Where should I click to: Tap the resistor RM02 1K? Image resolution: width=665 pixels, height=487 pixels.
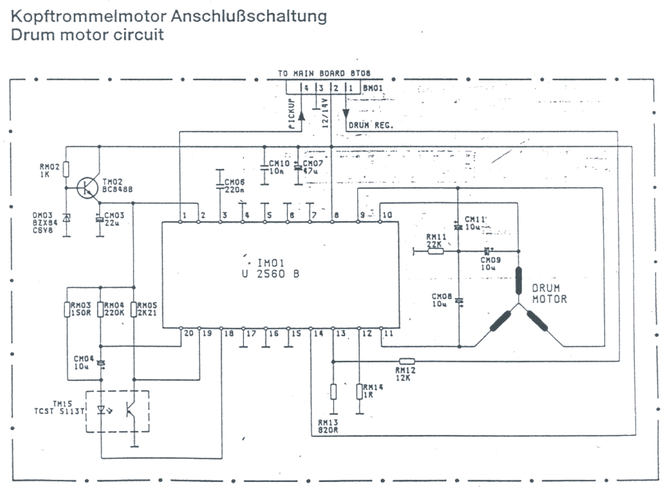coord(66,169)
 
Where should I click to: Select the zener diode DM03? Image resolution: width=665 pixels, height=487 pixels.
coord(66,218)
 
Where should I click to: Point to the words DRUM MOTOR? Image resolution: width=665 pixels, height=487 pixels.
coord(550,294)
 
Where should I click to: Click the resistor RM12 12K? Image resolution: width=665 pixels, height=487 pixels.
coord(407,360)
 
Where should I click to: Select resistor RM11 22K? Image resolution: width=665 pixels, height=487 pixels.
coord(436,251)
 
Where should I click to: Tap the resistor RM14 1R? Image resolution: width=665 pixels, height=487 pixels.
coord(359,392)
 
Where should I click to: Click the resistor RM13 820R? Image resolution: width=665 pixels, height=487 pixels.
coord(333,392)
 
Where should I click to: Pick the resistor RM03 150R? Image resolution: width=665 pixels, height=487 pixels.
coord(67,309)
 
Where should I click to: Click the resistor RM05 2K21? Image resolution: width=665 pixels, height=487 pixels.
coord(134,309)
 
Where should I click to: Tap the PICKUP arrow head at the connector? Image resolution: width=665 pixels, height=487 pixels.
coord(301,115)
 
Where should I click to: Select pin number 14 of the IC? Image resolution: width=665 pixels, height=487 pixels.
coord(318,334)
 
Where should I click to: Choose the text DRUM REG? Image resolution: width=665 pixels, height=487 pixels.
coord(371,125)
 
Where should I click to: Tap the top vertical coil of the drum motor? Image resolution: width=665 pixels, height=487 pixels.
coord(519,281)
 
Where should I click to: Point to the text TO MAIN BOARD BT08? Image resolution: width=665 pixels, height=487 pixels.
coord(324,73)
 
